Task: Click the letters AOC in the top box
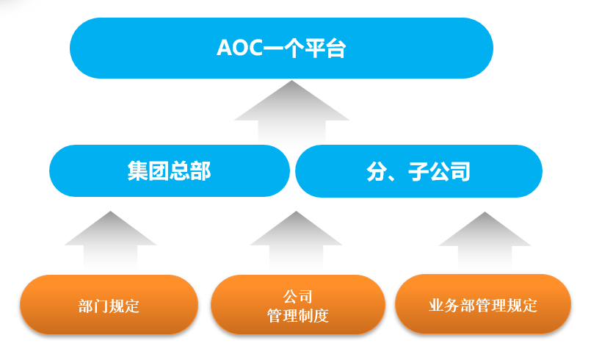(x=240, y=48)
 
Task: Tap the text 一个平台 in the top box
(x=305, y=48)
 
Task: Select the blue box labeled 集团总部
(x=170, y=170)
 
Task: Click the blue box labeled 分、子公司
(x=418, y=171)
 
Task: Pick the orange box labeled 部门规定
(x=109, y=304)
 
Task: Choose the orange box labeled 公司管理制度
(x=298, y=304)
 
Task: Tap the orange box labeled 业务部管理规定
(x=483, y=303)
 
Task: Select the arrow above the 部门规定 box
(x=110, y=240)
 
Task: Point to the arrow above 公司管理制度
(x=297, y=240)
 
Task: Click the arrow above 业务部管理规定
(x=485, y=240)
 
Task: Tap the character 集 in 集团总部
(x=137, y=171)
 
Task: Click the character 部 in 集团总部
(x=200, y=171)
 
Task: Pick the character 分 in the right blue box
(x=377, y=172)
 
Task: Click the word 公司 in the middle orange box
(x=298, y=297)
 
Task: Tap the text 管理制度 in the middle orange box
(x=298, y=315)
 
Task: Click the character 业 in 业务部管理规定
(x=437, y=306)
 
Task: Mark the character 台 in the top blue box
(x=336, y=48)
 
